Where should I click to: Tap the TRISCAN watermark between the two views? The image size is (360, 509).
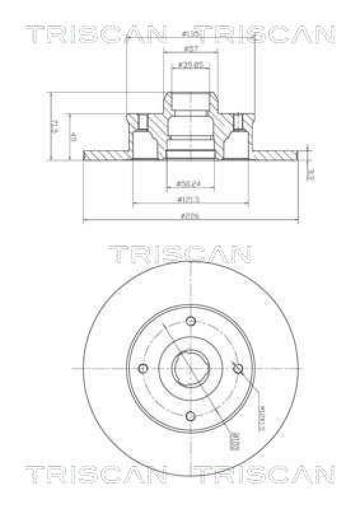[179, 254]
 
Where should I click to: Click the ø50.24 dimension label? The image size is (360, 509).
[189, 185]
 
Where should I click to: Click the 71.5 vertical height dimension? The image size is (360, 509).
[55, 125]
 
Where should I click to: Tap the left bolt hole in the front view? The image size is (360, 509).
[143, 368]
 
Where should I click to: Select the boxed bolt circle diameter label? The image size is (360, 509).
[234, 438]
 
